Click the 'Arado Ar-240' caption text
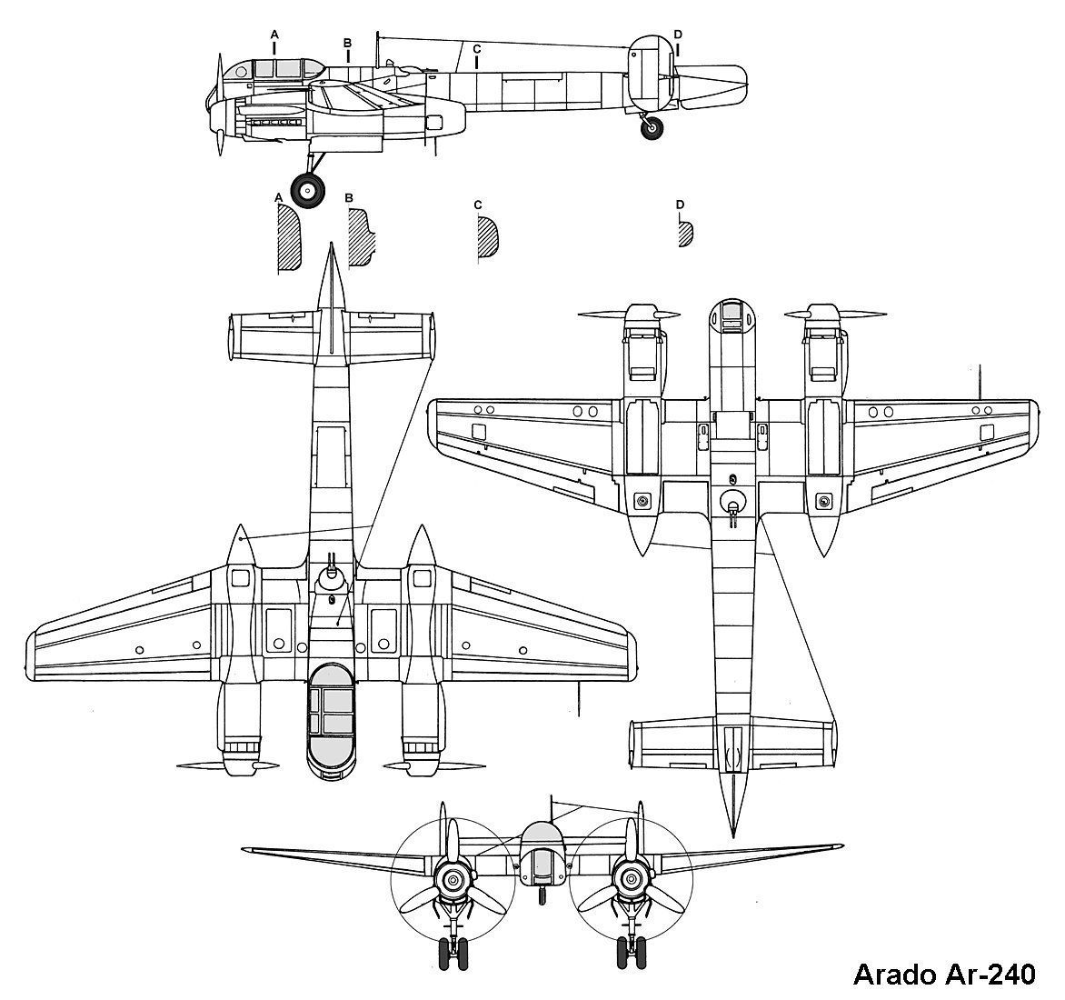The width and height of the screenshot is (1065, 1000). point(944,975)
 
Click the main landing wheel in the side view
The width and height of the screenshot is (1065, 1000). point(308,191)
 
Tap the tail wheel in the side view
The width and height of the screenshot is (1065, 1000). point(652,127)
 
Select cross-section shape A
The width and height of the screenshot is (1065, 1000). point(289,237)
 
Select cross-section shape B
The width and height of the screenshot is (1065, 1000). point(361,237)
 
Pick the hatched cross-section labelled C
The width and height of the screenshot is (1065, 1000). point(488,236)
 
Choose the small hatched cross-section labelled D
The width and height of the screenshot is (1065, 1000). point(685,234)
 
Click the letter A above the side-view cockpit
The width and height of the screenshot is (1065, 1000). point(274,34)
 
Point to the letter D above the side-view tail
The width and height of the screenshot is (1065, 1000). point(678,35)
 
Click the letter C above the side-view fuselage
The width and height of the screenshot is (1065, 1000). point(477,50)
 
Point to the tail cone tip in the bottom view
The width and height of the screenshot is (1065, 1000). point(732,835)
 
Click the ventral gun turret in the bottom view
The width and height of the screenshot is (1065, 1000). point(732,504)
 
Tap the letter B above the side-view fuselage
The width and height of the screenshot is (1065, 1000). point(347,43)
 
